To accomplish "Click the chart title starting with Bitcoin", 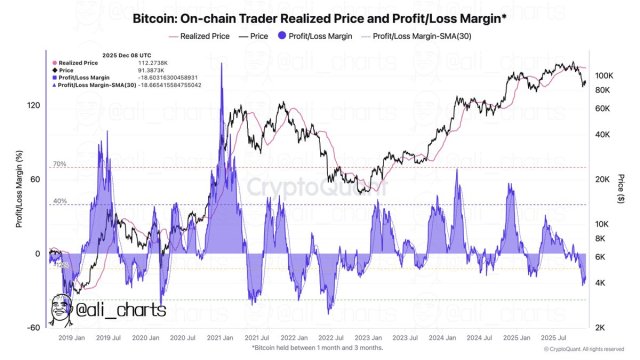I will [x=320, y=18].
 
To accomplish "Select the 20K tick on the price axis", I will [x=601, y=179].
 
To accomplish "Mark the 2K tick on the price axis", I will [x=599, y=327].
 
